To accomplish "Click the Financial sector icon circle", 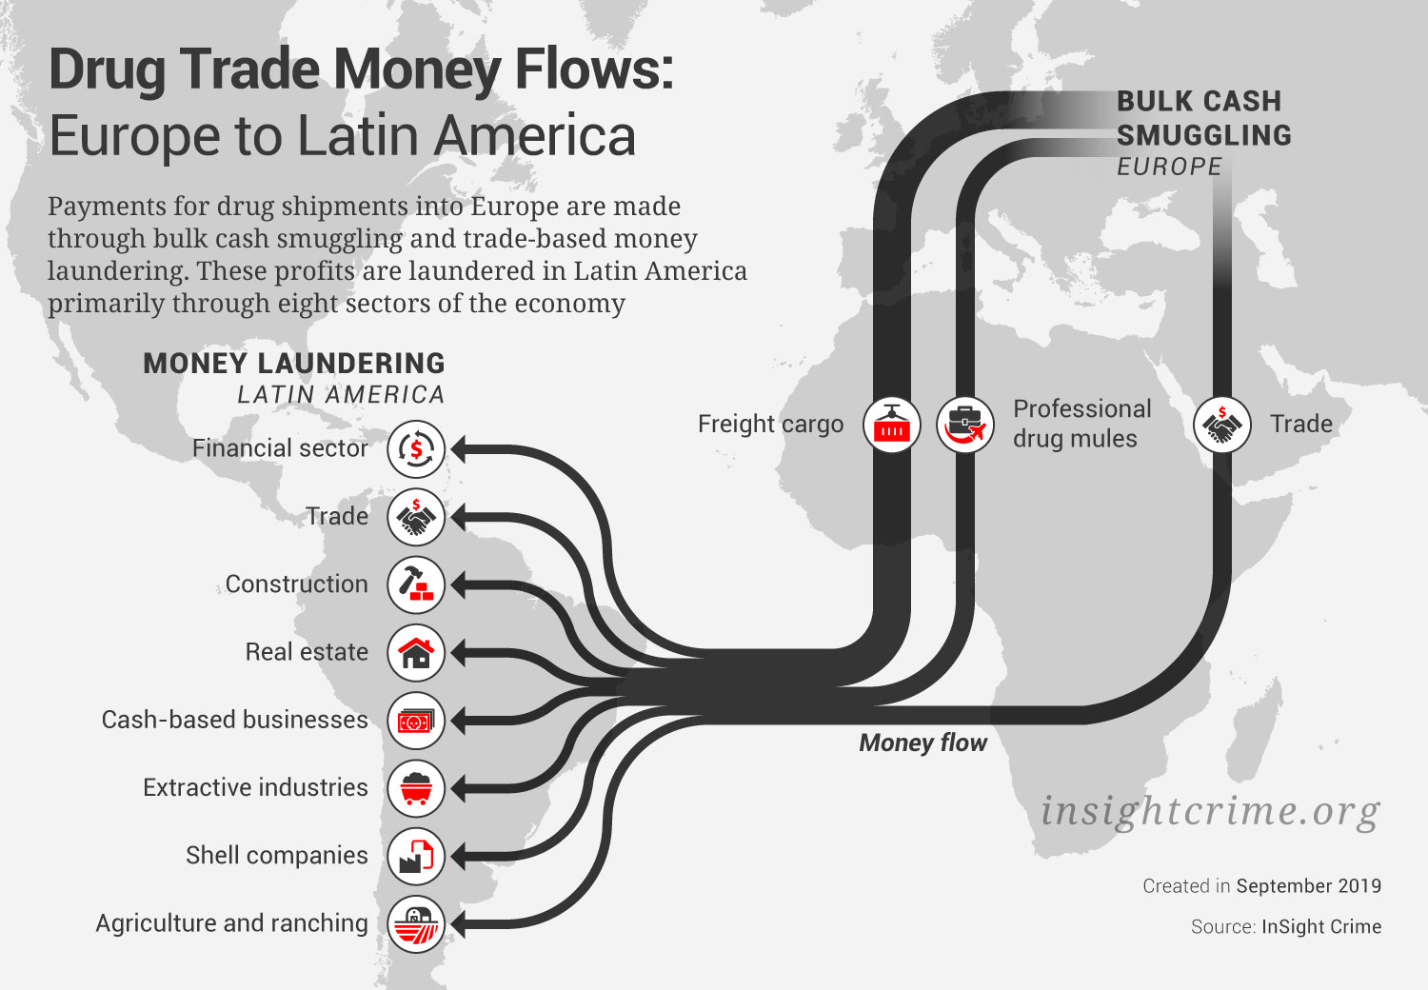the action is pos(416,448).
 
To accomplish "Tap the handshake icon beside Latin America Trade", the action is pos(416,517).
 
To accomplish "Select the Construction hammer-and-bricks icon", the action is pos(416,584).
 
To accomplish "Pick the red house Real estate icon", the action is pos(416,652).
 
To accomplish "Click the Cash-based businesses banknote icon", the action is pos(416,721).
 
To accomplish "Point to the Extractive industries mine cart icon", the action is pos(416,788).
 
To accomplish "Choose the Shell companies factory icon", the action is pos(416,856).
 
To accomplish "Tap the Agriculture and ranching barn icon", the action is pos(416,923).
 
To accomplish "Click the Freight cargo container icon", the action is pos(892,425).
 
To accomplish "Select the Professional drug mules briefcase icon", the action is pos(965,425).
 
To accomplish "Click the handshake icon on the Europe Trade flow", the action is pos(1221,425).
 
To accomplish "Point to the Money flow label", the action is pos(922,742).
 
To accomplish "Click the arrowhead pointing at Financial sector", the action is pos(461,448).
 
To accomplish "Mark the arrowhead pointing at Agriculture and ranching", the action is pos(461,923).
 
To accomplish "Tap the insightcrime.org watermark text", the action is pos(1210,811).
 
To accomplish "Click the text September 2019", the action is pos(1308,886).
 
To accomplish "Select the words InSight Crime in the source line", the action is pos(1320,927).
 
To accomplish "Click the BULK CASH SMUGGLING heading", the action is pos(1203,118).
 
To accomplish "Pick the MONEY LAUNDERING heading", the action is pos(293,364).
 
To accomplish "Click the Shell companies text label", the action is pos(276,856).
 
